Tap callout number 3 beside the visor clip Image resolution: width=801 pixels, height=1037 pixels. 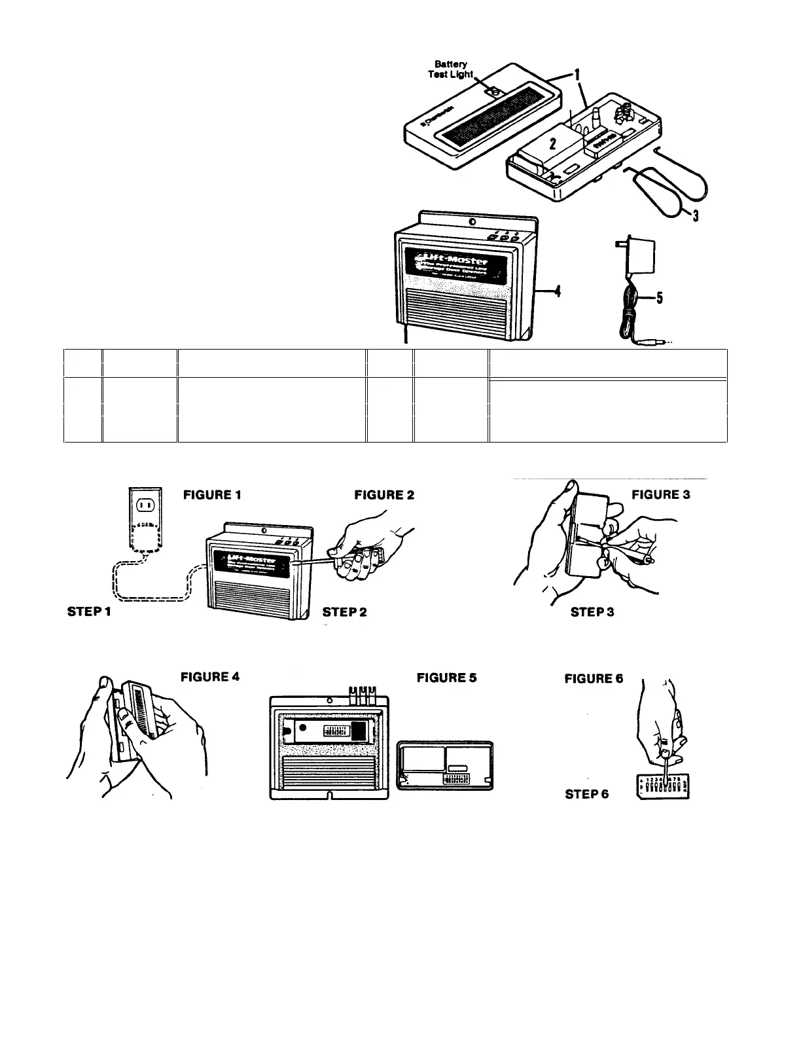[x=695, y=214]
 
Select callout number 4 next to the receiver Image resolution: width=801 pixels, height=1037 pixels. [x=556, y=293]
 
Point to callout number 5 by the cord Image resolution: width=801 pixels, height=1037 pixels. [x=659, y=299]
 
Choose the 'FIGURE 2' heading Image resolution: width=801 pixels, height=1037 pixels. [x=384, y=495]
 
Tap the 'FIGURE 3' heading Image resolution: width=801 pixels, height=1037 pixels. [x=661, y=495]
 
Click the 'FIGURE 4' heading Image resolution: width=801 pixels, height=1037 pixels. [x=210, y=676]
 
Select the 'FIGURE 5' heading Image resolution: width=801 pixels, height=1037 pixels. [x=447, y=678]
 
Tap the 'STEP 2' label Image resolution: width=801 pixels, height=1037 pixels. [x=345, y=611]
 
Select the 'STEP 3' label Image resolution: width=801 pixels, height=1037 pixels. [x=592, y=611]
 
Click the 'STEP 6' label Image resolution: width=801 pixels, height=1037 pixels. [x=587, y=793]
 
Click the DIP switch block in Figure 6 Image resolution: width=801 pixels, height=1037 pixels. [x=663, y=786]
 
